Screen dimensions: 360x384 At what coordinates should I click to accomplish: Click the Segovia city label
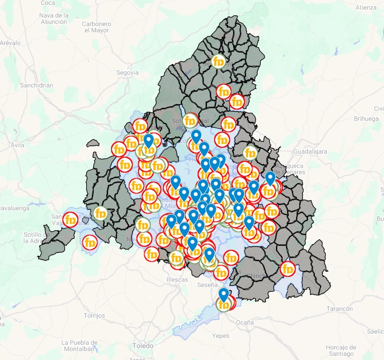point(127,73)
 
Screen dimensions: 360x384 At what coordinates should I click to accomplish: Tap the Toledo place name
point(143,346)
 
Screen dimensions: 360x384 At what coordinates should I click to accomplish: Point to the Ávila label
point(17,145)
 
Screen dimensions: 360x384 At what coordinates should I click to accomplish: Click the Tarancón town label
point(339,309)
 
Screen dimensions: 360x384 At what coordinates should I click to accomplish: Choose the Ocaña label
point(244,322)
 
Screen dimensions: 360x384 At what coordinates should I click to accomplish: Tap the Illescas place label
point(177,280)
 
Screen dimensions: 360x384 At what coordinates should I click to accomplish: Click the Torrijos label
point(94,316)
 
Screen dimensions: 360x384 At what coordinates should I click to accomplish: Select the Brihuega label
point(367,119)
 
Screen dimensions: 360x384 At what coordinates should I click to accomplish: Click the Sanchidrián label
point(36,85)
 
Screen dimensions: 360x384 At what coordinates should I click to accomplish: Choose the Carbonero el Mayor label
point(96,27)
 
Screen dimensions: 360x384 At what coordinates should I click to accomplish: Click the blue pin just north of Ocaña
point(224,294)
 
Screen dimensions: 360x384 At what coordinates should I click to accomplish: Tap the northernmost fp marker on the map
point(218,61)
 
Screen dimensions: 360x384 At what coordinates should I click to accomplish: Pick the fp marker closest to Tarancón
point(288,268)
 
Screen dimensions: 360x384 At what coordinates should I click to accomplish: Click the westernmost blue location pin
point(149,140)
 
